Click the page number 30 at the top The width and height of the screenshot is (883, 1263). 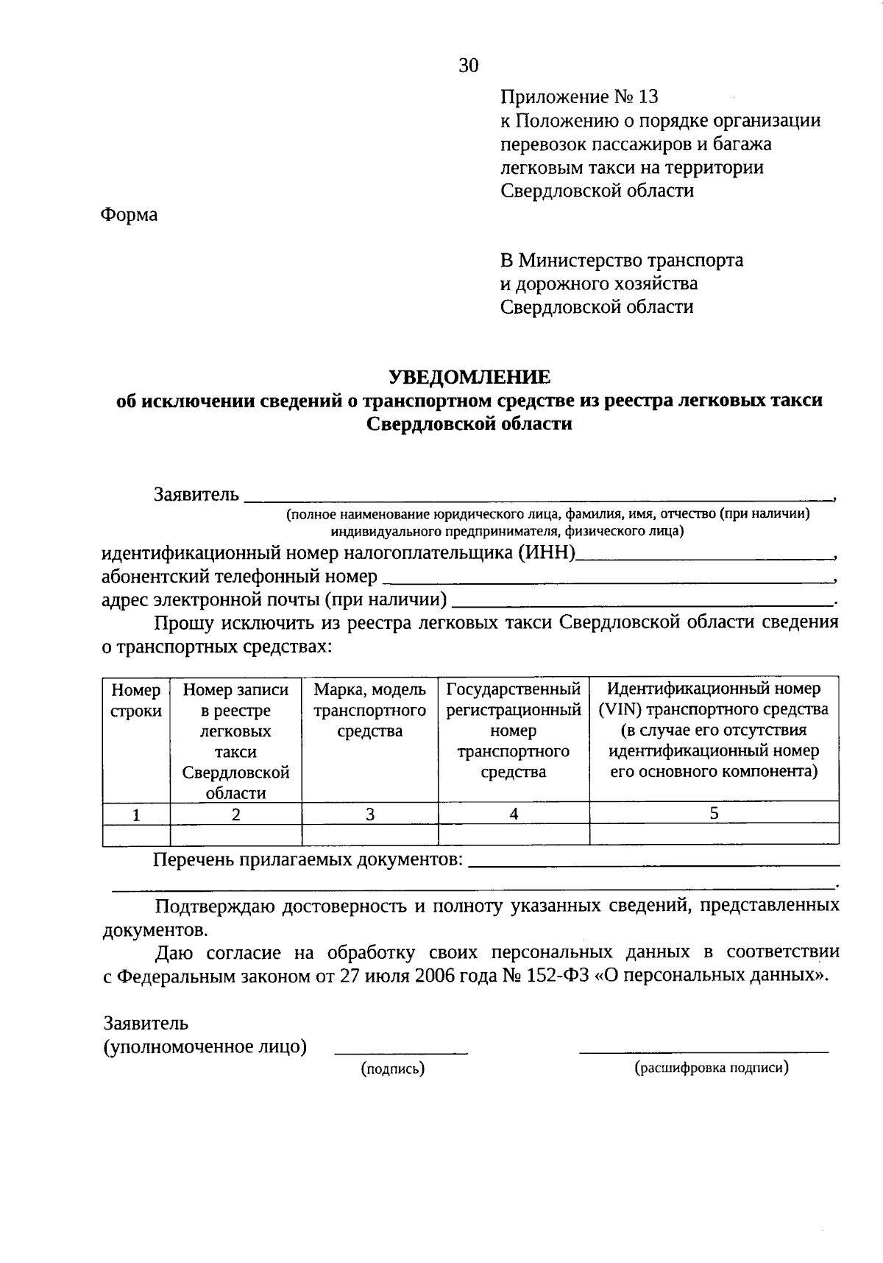point(469,66)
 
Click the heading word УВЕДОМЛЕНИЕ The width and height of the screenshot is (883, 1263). point(469,377)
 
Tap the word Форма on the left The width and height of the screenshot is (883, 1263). point(129,214)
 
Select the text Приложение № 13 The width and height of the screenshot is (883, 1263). point(579,96)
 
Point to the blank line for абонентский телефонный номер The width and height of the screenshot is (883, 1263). point(607,577)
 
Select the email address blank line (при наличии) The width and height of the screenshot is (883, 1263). point(640,601)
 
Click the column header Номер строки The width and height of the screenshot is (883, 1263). point(136,700)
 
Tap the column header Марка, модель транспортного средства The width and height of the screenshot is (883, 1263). point(369,710)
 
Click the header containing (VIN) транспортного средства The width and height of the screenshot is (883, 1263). point(713,709)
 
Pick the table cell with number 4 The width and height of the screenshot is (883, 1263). point(514,813)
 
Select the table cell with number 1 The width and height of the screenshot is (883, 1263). point(136,814)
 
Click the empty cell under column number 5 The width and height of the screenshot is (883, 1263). point(714,834)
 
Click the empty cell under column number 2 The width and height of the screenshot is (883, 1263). point(235,834)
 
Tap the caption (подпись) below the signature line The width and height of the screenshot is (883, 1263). point(393,1069)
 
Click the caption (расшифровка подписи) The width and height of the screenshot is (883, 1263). point(712,1067)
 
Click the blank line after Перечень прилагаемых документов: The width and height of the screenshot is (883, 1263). point(653,862)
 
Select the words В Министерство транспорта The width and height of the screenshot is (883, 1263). point(622,260)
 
